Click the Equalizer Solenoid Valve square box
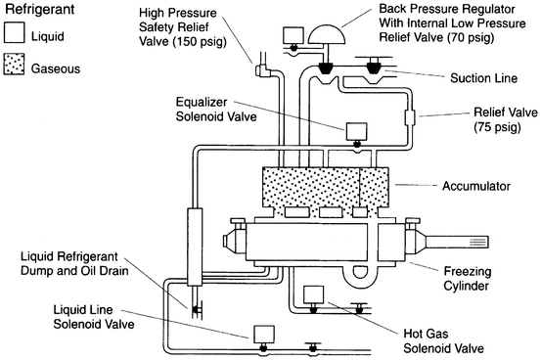pos(353,130)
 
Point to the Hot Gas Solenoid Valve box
pos(314,294)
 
